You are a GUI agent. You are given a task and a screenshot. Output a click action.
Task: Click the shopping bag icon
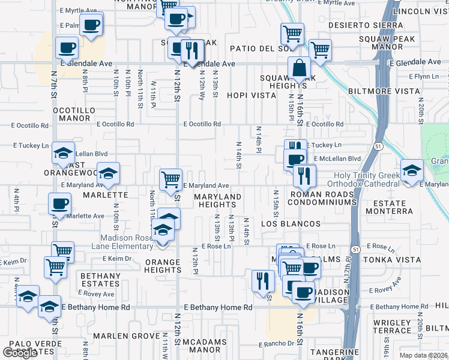point(299,70)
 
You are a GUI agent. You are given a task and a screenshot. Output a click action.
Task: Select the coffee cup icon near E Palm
point(91,26)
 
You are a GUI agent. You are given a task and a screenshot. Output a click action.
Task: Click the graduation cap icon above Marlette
point(108,174)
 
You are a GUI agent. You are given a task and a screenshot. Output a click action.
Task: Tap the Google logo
point(20,352)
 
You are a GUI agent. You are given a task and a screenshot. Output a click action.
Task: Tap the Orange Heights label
point(162,266)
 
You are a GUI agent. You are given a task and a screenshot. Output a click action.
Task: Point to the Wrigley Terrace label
point(391,326)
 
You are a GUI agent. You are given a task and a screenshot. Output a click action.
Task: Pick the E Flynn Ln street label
point(424,76)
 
